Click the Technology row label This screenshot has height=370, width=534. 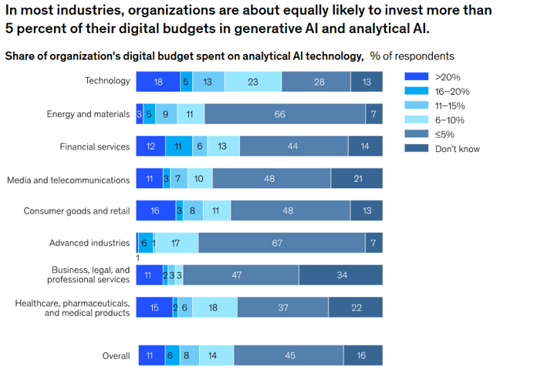coord(106,81)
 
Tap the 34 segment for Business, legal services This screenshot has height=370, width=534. coord(340,274)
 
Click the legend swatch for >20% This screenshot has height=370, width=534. coord(416,77)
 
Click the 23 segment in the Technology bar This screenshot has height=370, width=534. coord(253,82)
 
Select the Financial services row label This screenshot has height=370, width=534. coord(95,146)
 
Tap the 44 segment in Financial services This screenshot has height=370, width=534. coord(293,146)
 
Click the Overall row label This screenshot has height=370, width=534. coord(116,355)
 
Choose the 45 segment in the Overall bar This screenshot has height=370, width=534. coord(289,355)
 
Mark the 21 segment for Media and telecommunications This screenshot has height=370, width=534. coord(357,179)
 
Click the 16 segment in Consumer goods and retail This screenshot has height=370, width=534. coord(155,210)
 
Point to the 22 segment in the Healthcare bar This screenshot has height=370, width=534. coord(355,308)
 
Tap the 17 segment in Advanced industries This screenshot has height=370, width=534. coord(177,243)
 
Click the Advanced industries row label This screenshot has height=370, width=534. coord(90,243)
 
